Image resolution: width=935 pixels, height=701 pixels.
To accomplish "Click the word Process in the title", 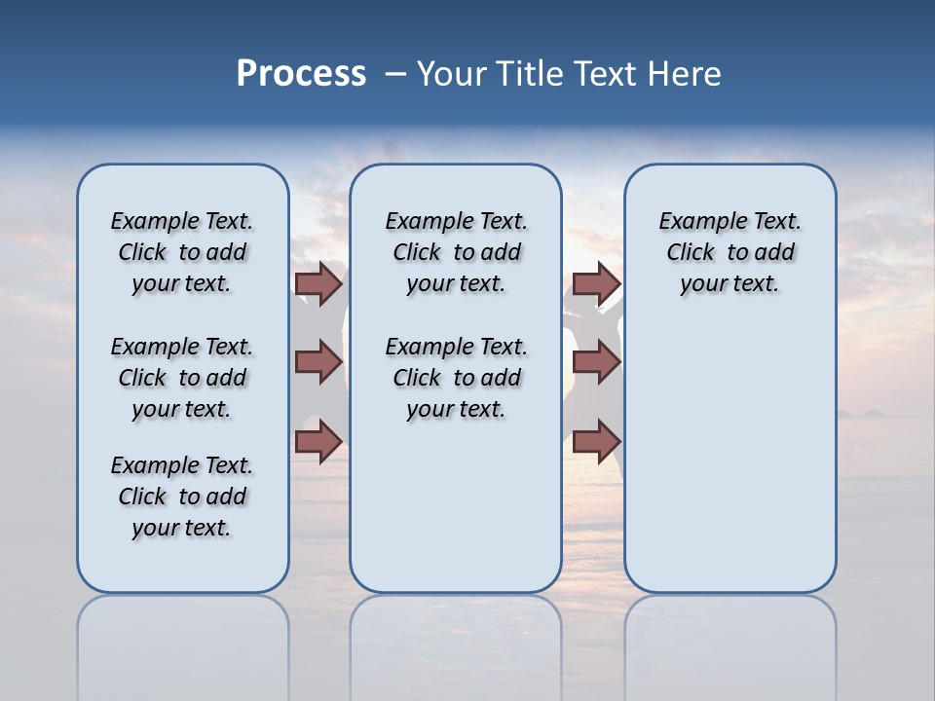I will (x=301, y=73).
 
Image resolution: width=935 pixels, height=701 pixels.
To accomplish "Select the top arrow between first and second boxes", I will (x=318, y=284).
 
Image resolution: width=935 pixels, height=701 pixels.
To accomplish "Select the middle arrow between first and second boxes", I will (x=318, y=362).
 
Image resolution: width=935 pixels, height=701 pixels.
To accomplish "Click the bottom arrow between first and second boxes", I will (x=318, y=441).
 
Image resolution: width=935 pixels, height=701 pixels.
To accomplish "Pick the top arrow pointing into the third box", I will (x=596, y=284).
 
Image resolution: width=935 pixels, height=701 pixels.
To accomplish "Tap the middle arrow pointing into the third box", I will (x=596, y=362).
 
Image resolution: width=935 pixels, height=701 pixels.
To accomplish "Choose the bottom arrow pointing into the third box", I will (x=596, y=441).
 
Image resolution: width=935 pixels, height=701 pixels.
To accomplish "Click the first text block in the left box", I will (x=182, y=252).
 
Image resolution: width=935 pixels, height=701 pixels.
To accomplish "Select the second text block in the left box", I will (x=182, y=378).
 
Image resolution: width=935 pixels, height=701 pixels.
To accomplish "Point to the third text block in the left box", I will (x=182, y=497).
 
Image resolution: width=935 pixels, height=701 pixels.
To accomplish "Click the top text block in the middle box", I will (x=456, y=252).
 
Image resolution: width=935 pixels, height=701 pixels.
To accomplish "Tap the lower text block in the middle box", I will (x=456, y=378).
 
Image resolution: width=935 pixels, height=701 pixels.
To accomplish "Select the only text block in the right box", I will (x=729, y=252).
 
